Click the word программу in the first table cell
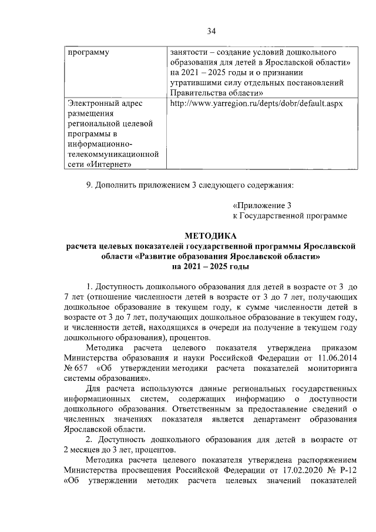coord(89,52)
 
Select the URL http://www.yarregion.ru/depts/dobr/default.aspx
coord(256,103)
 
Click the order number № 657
coord(75,368)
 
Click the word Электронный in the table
coord(96,103)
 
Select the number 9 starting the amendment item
coord(89,185)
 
